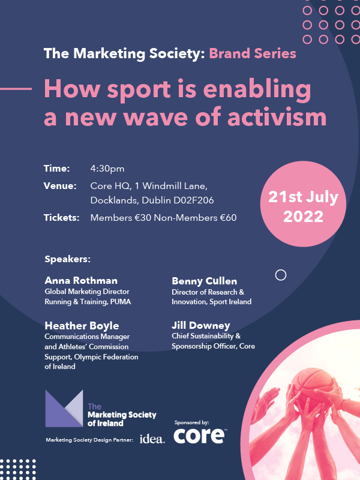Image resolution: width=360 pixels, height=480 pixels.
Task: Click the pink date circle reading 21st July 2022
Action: pos(303,204)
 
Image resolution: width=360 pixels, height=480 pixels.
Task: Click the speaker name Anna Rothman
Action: pos(81,280)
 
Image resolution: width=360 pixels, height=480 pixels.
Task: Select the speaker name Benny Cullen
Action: pos(204,281)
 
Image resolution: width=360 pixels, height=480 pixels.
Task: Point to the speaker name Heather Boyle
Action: pos(82,326)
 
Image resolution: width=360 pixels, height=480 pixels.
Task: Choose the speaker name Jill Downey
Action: pos(201,325)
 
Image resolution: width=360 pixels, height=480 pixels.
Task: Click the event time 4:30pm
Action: pos(107,169)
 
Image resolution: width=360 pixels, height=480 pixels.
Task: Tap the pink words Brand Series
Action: pos(253,53)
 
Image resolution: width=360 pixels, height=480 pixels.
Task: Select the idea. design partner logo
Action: pos(152,439)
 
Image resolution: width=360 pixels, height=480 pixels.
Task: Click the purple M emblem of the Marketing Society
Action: pos(64,409)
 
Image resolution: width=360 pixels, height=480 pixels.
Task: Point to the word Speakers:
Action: pos(68,259)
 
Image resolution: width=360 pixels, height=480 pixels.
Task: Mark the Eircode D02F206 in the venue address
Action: pos(194,200)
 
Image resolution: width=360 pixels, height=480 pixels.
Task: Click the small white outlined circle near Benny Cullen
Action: pos(281,275)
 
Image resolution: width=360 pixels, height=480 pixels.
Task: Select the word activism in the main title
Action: pos(277,117)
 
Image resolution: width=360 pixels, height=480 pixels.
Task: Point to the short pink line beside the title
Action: pos(16,89)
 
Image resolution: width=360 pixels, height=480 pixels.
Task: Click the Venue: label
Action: pos(60,186)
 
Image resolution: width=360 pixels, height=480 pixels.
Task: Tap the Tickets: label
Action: pos(62,218)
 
